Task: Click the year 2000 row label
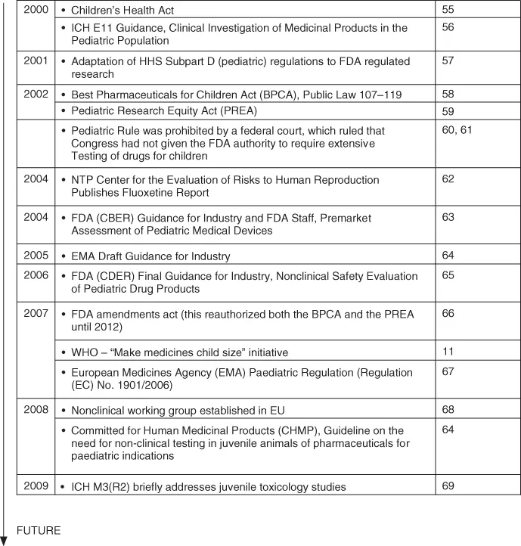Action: pos(35,11)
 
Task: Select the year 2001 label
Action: pos(35,61)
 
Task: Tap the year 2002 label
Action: pos(35,95)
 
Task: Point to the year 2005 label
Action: pos(35,256)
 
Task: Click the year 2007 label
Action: pos(35,314)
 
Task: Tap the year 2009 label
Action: pos(35,486)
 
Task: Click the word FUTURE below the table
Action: pos(39,531)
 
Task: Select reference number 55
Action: pos(448,11)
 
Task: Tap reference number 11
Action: pos(447,352)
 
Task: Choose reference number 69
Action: pos(448,486)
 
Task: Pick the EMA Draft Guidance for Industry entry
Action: pos(150,256)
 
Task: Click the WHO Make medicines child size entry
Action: pos(179,353)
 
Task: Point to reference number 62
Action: pos(448,180)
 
